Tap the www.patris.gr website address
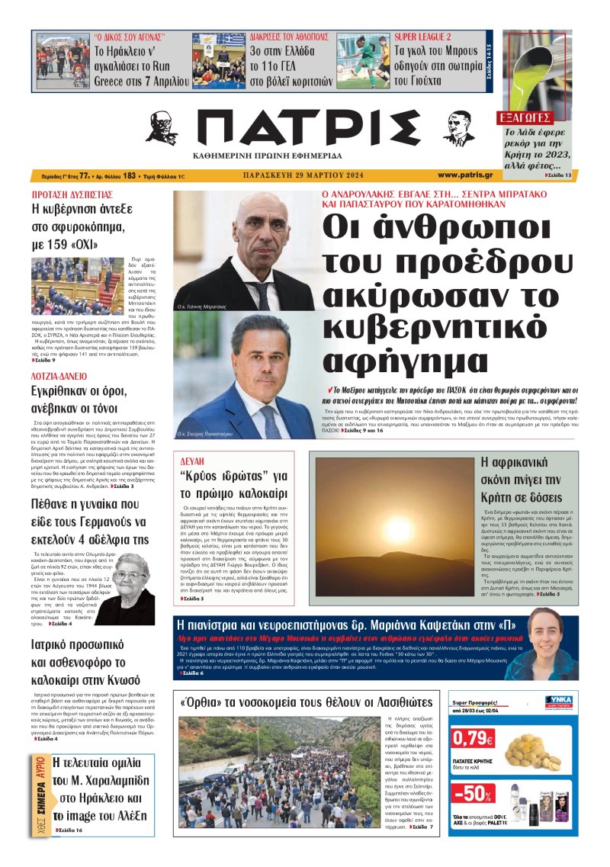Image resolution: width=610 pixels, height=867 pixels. coord(465,175)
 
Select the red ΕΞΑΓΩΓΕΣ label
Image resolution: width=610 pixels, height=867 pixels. coord(525,118)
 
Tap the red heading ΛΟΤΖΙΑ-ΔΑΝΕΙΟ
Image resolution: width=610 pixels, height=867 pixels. coord(60,376)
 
